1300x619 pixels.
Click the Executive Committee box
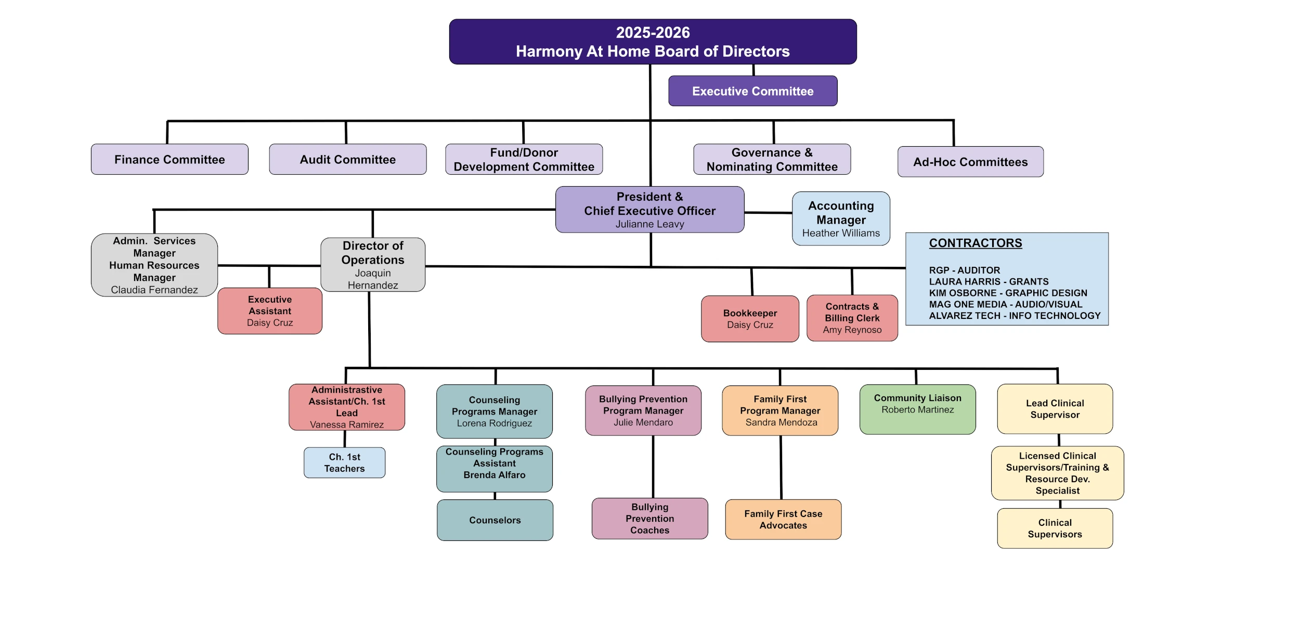click(752, 91)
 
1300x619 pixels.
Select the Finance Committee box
click(170, 159)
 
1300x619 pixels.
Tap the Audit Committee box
click(347, 159)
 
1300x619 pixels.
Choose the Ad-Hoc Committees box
click(970, 162)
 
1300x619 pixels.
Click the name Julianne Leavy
click(649, 224)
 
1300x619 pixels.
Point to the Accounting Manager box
click(841, 218)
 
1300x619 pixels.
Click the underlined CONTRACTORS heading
click(975, 243)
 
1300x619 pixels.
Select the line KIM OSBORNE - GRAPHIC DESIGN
click(1008, 293)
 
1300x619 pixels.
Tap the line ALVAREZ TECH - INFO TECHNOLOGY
click(1015, 316)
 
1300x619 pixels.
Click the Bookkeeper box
click(750, 318)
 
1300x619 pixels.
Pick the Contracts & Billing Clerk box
click(852, 318)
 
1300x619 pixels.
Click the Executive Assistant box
click(270, 311)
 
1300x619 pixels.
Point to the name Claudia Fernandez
click(154, 290)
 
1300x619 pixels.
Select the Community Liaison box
click(917, 409)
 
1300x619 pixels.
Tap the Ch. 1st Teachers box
click(344, 462)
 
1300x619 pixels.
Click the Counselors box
click(495, 520)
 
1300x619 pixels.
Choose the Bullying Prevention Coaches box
click(649, 518)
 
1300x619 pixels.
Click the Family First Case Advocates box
click(783, 519)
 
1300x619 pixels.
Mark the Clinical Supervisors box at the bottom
click(1055, 528)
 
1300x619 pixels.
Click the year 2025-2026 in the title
click(653, 33)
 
